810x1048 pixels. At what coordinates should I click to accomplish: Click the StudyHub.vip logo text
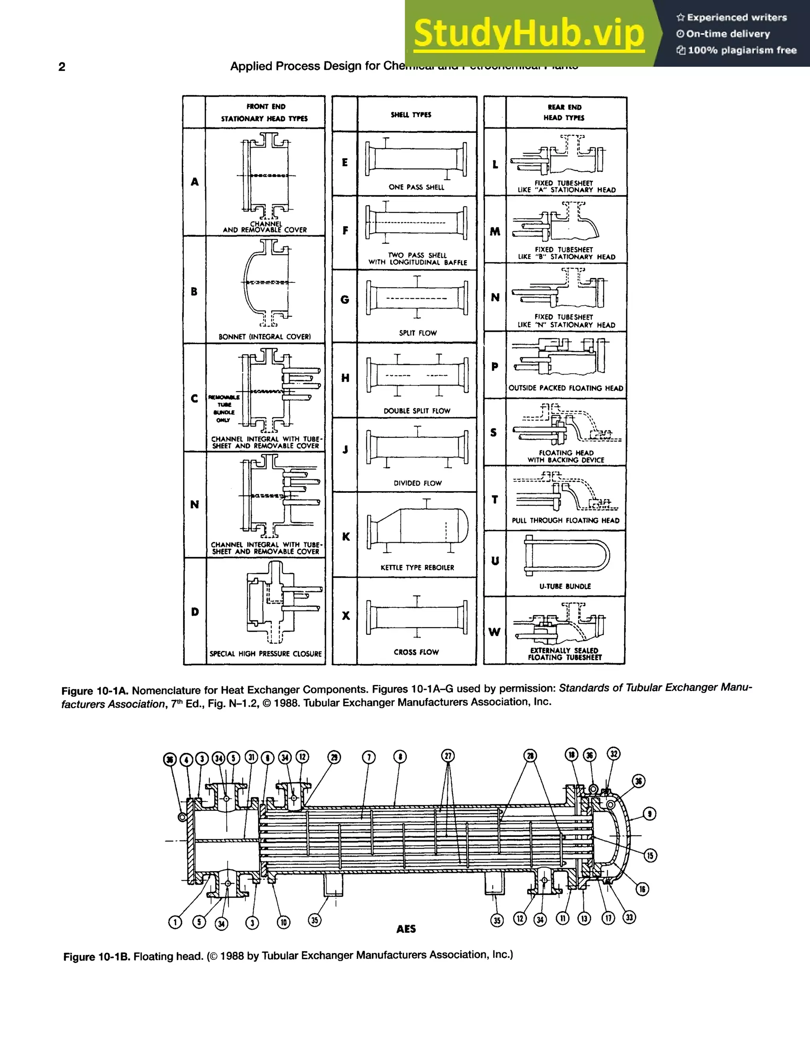coord(529,34)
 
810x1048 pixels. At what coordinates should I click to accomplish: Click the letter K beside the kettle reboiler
coord(346,537)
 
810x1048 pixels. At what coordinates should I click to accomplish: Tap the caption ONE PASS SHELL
coord(416,187)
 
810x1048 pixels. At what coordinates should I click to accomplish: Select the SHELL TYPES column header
coord(411,115)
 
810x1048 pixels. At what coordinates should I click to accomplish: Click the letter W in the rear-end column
coord(494,632)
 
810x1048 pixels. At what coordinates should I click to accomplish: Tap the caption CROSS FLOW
coord(416,652)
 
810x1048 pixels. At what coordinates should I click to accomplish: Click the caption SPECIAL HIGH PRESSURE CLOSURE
coord(265,654)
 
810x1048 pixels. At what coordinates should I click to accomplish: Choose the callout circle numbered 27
coord(448,756)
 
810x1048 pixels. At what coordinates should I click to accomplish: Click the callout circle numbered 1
coord(175,922)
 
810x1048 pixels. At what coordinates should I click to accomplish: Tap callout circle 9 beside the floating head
coord(649,813)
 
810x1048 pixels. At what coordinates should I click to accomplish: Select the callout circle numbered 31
coord(252,757)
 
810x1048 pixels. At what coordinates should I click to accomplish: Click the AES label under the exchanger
coord(406,929)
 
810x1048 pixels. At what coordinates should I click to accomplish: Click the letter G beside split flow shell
coord(344,300)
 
